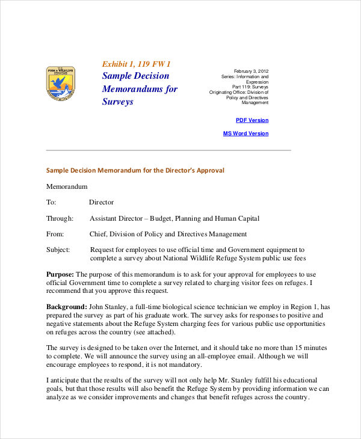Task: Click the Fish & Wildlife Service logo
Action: pos(60,82)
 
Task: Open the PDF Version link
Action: pos(252,120)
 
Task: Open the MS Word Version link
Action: pos(246,134)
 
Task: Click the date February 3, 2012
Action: pos(251,71)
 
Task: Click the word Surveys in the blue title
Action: pos(117,102)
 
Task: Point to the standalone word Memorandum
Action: pos(67,187)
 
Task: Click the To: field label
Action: pos(51,203)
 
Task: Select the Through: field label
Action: pos(60,218)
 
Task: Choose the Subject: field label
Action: pos(58,250)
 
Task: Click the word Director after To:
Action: pos(101,203)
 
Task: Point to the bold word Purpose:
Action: pos(60,274)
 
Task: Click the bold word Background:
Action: pos(66,307)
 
